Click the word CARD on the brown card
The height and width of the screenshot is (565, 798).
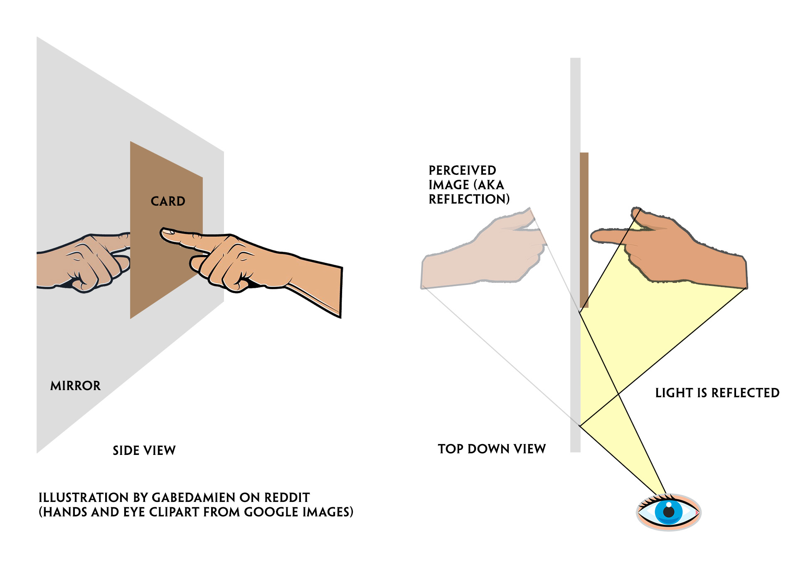(x=167, y=201)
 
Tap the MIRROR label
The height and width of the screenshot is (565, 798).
(x=75, y=386)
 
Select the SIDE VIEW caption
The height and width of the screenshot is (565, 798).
(x=144, y=450)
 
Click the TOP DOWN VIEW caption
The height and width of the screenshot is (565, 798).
(x=492, y=449)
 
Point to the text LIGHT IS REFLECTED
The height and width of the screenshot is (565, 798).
(x=717, y=393)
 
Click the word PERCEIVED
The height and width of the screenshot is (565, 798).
(x=462, y=170)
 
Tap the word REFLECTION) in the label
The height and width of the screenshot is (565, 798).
(x=469, y=199)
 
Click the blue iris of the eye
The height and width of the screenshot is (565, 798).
(x=661, y=512)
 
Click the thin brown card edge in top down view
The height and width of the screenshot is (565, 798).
(x=584, y=228)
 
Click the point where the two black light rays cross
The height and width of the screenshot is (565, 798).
(x=618, y=393)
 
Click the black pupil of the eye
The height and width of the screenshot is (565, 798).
(x=668, y=511)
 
